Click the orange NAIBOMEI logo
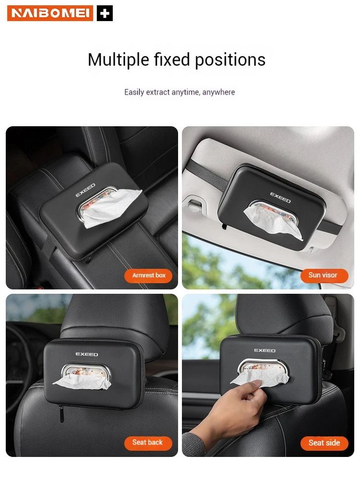point(50,13)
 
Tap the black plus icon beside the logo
point(105,13)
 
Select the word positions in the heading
point(230,60)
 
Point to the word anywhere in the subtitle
point(218,92)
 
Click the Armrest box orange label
point(148,276)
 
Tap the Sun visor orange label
point(324,275)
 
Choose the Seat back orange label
point(148,443)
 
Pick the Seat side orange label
point(324,443)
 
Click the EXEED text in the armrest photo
point(85,191)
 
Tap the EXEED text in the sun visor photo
point(280,197)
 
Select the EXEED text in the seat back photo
point(87,354)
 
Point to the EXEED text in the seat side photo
point(265,350)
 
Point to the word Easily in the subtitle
point(134,92)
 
